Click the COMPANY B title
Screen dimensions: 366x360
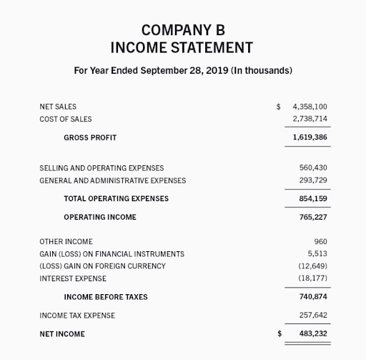182,30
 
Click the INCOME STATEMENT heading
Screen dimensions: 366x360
182,49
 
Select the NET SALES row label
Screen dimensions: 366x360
58,107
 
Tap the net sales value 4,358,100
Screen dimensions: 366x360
310,107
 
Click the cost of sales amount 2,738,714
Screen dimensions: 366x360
310,119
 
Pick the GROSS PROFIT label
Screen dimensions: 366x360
90,137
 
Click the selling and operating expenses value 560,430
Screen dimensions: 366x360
313,168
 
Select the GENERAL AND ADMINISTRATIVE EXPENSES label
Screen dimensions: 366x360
112,180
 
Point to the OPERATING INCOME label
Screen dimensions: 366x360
100,217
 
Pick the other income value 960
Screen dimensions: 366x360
320,242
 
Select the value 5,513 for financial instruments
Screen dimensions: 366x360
317,254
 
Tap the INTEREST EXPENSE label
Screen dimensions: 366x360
72,278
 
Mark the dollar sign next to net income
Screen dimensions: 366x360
280,334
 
